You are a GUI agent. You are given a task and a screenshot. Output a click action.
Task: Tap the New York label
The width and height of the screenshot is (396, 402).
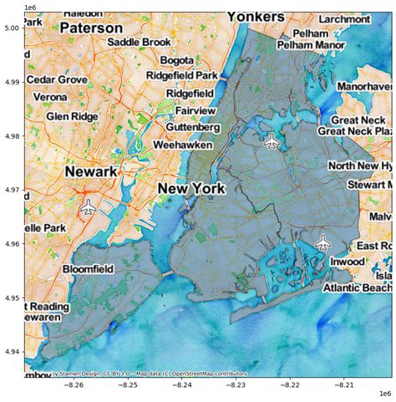(x=191, y=189)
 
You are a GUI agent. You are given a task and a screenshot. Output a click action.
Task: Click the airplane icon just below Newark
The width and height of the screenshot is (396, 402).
(x=89, y=208)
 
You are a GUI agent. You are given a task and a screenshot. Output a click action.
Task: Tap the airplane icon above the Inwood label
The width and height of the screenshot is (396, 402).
(x=323, y=243)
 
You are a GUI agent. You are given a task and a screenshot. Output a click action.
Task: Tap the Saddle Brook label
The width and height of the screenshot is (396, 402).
(x=138, y=43)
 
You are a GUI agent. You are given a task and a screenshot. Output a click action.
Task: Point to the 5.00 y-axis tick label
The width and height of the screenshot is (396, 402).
(x=11, y=28)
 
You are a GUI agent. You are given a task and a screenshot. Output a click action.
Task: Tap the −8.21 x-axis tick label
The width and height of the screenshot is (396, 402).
(x=344, y=385)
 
